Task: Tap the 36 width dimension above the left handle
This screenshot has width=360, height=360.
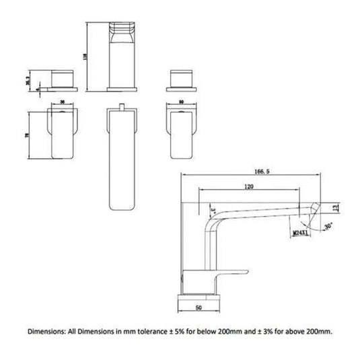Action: [x=63, y=104]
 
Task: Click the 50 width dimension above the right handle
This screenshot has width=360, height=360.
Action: [x=182, y=104]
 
